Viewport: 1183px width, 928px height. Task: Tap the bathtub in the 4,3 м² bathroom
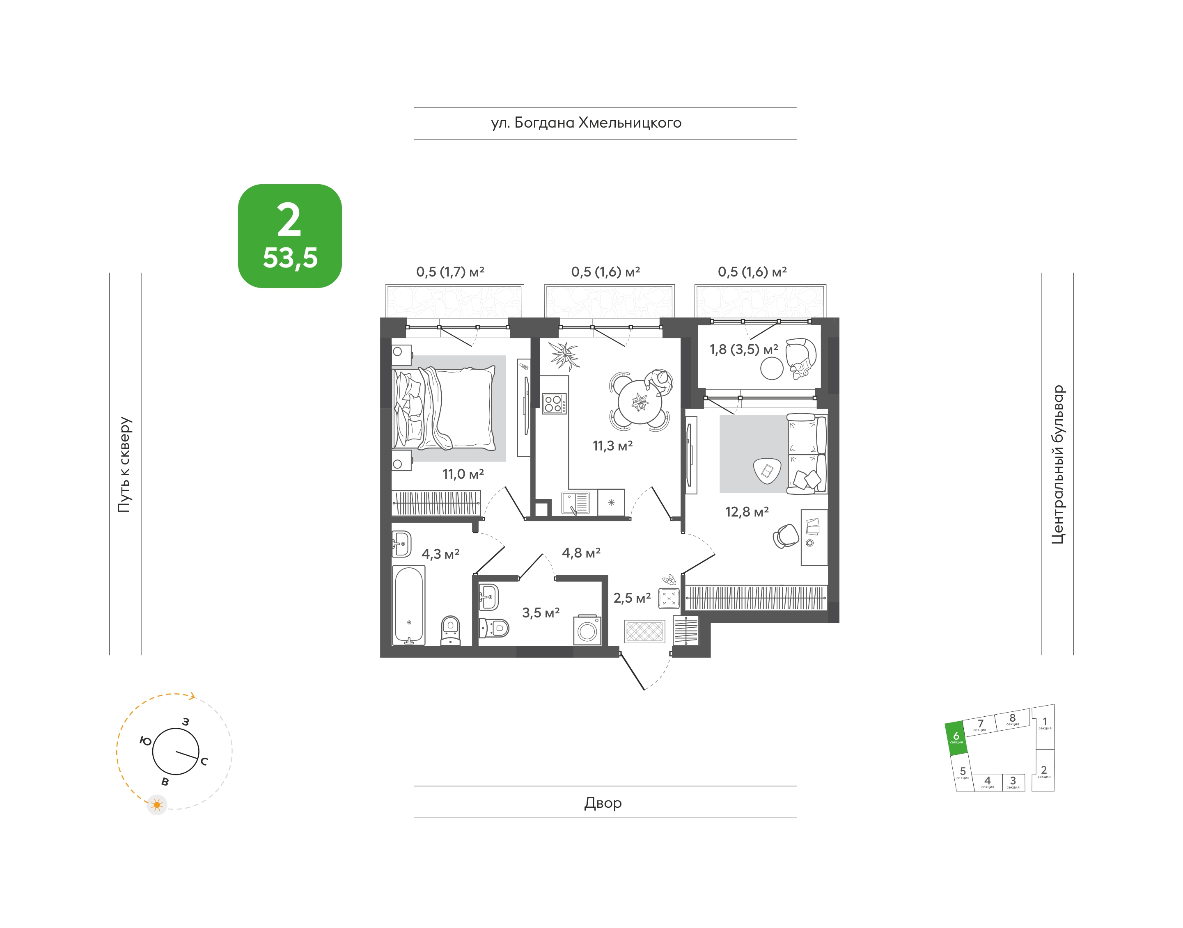[409, 605]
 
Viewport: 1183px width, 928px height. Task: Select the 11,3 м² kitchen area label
[613, 446]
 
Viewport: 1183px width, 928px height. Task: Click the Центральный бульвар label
[1057, 464]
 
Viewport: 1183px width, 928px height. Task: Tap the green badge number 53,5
[290, 258]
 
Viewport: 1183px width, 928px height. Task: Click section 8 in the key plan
[1012, 719]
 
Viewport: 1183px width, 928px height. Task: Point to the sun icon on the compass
[157, 805]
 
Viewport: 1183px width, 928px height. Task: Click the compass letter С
[204, 761]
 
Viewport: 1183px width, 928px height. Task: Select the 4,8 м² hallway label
[581, 553]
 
